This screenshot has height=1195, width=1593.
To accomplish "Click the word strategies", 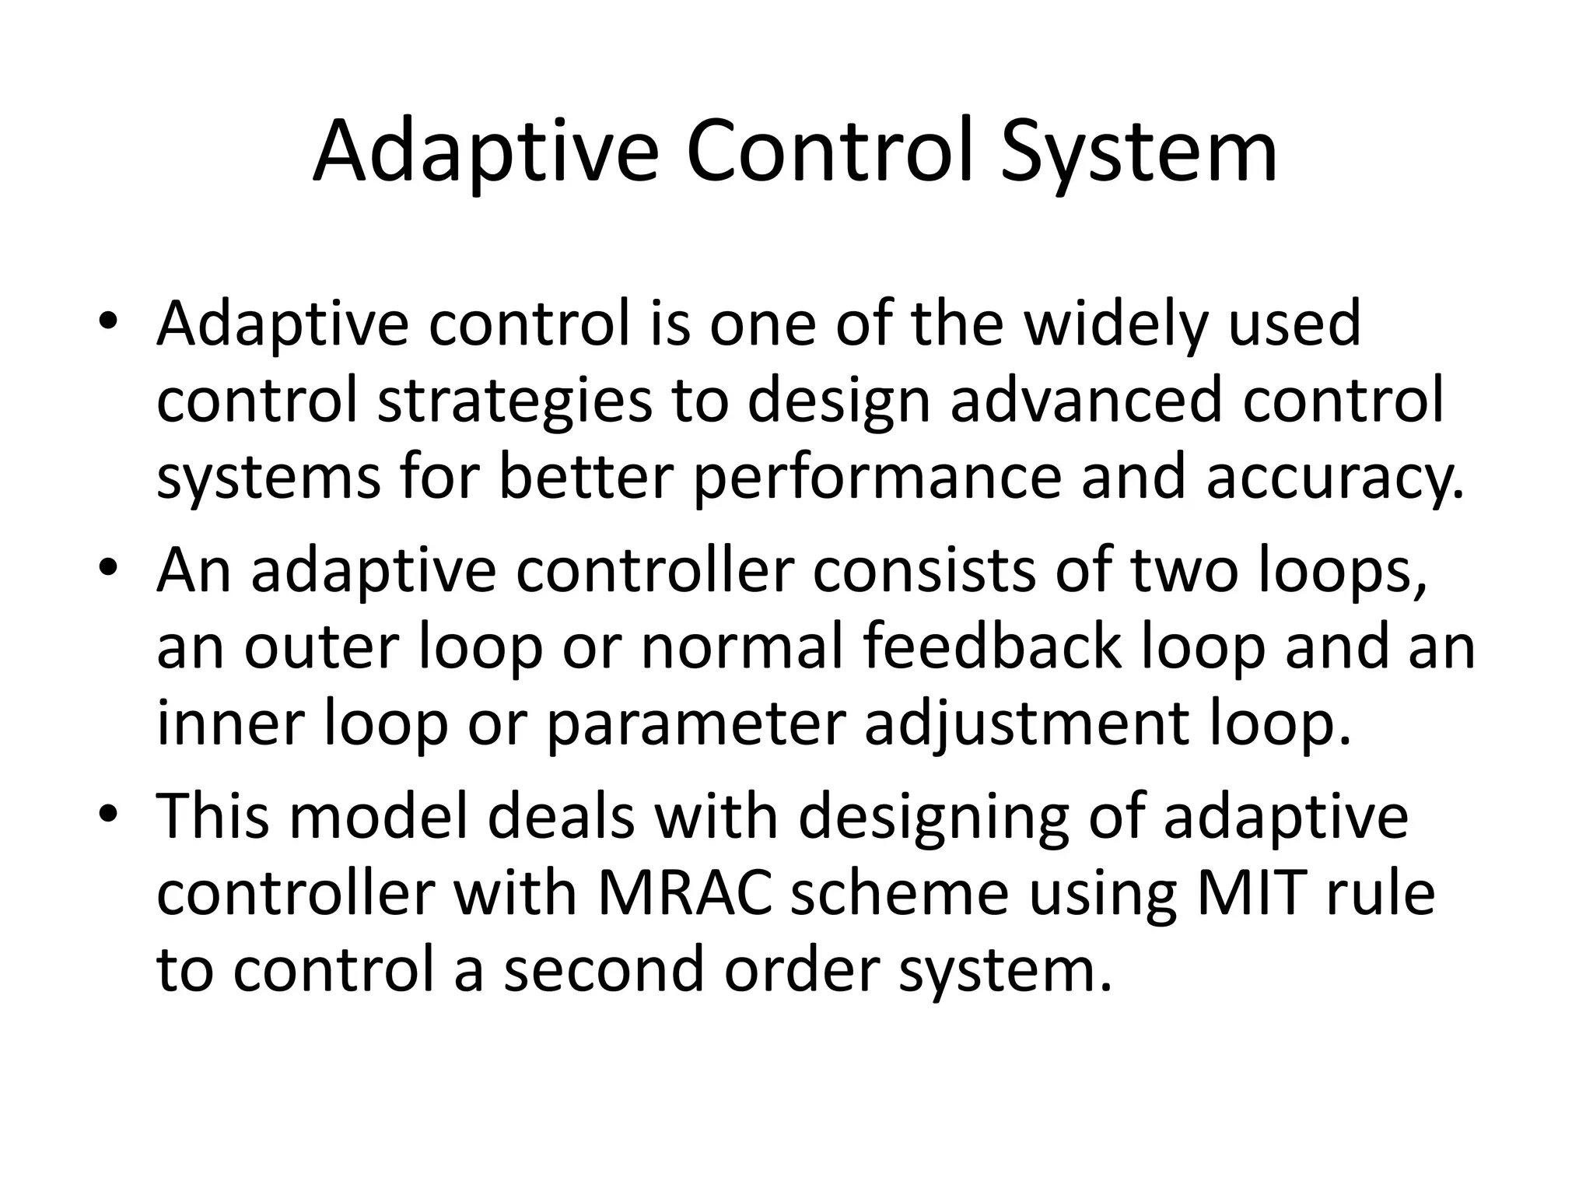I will pos(514,401).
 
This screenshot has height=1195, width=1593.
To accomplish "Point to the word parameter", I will pos(695,724).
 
